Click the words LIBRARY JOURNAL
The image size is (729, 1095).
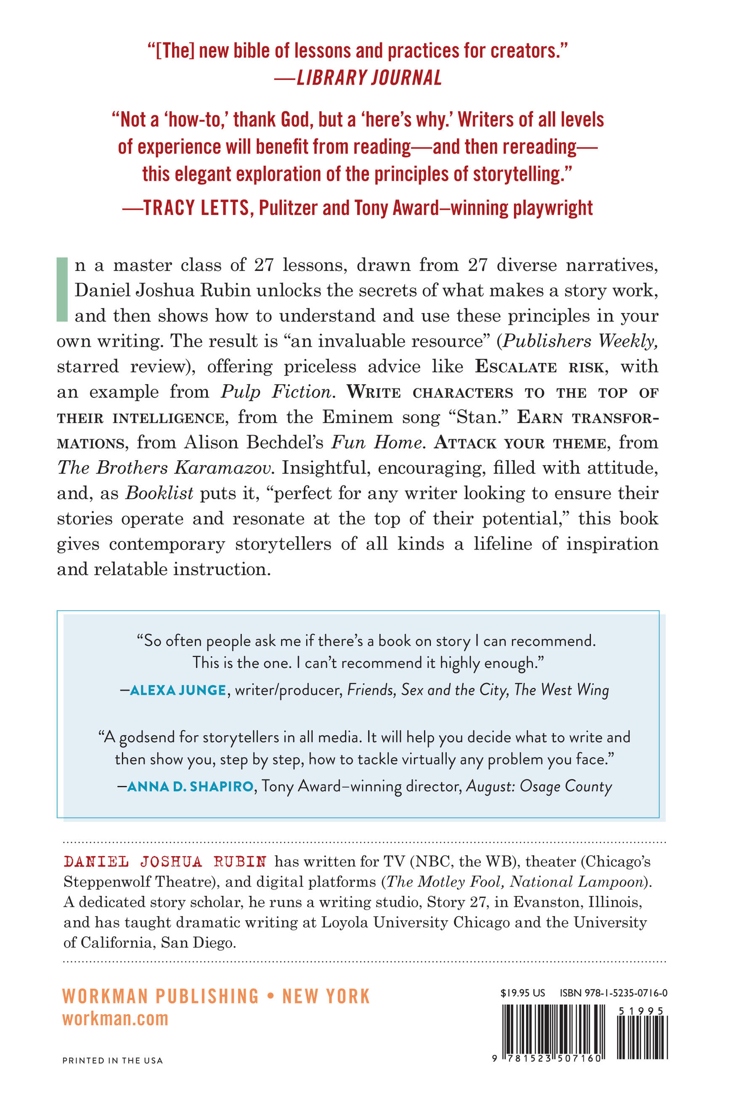pos(369,78)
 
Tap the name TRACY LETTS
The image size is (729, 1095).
pos(196,208)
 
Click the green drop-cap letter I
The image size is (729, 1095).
pos(62,289)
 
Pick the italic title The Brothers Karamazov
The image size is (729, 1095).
pos(165,467)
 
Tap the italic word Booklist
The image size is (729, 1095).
pos(159,493)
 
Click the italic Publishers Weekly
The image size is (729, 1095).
pos(581,341)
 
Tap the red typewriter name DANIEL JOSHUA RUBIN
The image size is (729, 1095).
pos(165,862)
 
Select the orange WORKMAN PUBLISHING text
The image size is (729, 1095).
pos(160,996)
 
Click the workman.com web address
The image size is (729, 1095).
pos(115,1019)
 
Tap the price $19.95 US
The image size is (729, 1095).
pos(522,993)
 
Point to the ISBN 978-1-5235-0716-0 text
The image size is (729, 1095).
pos(613,993)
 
